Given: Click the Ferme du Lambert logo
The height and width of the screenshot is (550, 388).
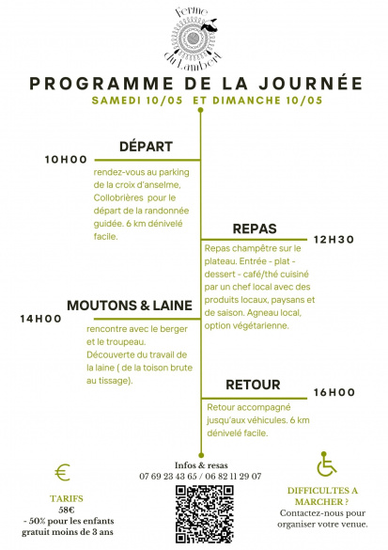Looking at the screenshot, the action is click(193, 38).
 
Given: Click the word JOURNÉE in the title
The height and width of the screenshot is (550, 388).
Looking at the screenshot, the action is click(311, 84).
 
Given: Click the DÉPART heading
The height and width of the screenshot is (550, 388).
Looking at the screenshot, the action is click(146, 147).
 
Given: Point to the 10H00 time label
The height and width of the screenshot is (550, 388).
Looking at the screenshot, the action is click(66, 160).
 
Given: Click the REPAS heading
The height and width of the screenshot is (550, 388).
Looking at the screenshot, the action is click(255, 228).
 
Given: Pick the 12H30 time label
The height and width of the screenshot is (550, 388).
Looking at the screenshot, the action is click(334, 240).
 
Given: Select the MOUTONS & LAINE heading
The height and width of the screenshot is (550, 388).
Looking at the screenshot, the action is click(130, 306).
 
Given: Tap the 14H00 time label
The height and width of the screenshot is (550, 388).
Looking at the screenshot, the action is click(40, 319).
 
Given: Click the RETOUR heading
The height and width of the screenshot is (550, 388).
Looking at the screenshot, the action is click(253, 385).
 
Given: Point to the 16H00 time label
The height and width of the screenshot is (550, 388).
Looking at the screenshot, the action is click(334, 392).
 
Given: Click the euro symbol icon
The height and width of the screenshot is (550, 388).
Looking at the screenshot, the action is click(63, 472).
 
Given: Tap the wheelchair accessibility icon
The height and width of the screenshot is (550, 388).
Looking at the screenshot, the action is click(326, 464).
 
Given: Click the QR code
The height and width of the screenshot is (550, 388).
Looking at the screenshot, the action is click(205, 514).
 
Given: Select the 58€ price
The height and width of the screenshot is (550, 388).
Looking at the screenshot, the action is click(67, 510).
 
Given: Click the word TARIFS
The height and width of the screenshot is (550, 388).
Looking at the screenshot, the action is click(67, 498).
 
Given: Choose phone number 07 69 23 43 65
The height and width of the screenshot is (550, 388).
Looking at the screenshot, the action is click(168, 477).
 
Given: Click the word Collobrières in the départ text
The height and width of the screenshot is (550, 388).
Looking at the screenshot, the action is click(118, 197).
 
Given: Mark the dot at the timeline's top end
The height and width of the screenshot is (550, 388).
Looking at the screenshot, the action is click(200, 110).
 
